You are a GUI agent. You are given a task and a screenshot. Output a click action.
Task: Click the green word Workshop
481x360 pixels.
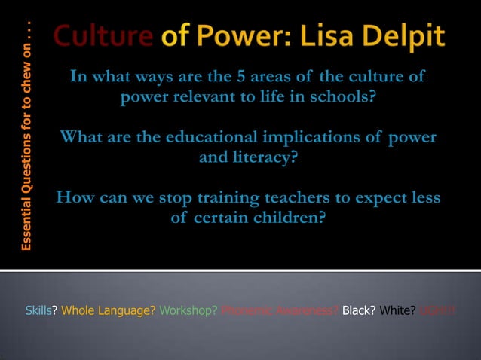(188, 311)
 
